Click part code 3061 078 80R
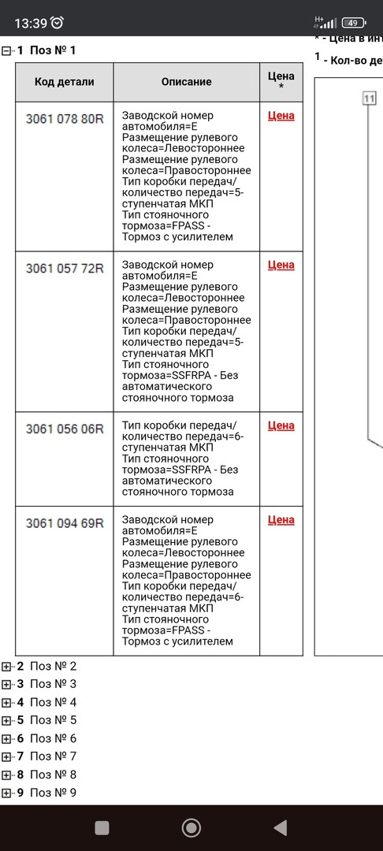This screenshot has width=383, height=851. [64, 119]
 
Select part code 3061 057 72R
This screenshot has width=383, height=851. [64, 269]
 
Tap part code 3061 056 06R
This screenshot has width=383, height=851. [64, 429]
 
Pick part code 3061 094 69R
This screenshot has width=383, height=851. [64, 523]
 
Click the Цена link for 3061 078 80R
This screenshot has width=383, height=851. [281, 116]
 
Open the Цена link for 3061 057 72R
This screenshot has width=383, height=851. [281, 266]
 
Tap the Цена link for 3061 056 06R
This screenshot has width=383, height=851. [281, 426]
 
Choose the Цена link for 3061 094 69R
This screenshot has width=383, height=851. [281, 520]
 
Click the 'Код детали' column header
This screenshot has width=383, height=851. [64, 82]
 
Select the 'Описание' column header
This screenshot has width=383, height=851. [186, 82]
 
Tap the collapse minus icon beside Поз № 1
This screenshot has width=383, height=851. [7, 50]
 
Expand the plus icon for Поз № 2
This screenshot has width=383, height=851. [7, 666]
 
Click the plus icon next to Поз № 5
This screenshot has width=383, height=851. [7, 720]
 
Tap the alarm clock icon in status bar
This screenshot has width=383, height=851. [58, 23]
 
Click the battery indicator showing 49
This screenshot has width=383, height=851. [354, 23]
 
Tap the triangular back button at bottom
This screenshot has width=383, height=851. [280, 827]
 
